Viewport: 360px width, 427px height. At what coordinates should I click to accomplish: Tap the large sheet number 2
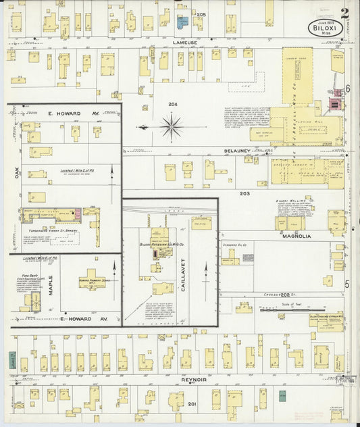(345, 12)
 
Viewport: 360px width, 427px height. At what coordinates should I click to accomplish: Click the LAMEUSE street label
(184, 42)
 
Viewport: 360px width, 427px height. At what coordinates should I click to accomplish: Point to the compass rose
(172, 126)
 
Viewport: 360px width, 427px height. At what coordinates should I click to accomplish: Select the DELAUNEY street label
(239, 151)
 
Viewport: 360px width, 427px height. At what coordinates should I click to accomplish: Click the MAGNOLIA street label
(297, 236)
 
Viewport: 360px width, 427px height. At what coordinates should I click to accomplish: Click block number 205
(201, 15)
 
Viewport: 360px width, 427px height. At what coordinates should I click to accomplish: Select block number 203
(245, 194)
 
